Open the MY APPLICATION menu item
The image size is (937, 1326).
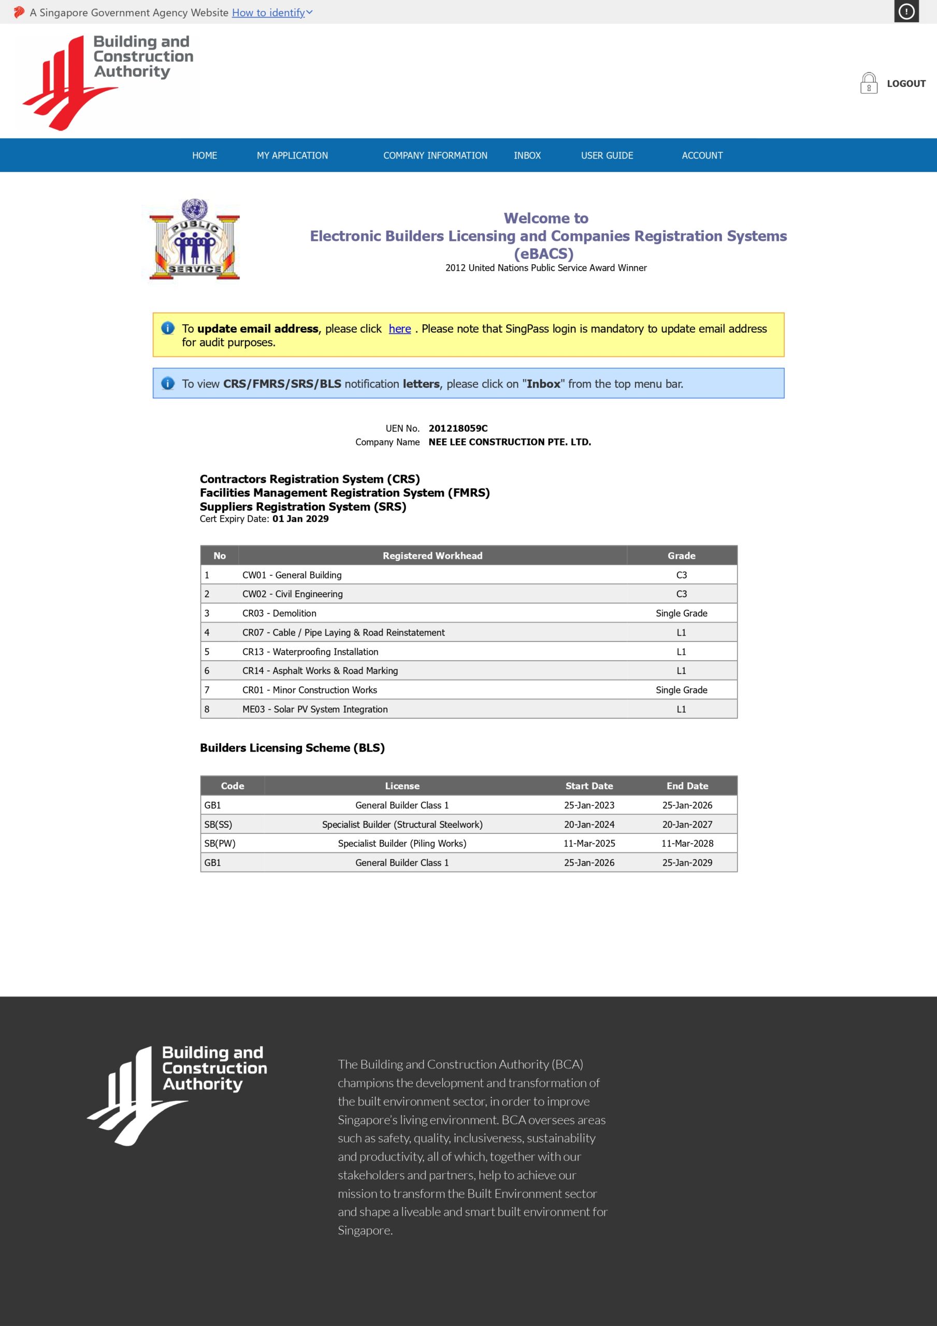[x=292, y=155]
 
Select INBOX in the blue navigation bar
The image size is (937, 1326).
[x=527, y=155]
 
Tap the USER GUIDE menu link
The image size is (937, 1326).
[x=607, y=155]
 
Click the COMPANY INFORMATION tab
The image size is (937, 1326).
[x=435, y=155]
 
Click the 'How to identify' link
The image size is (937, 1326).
[x=269, y=13]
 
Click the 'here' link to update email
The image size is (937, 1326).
[x=399, y=328]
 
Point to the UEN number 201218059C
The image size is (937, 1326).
[x=457, y=428]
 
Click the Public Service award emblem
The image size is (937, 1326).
[x=194, y=240]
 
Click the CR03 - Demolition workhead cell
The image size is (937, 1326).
[x=279, y=613]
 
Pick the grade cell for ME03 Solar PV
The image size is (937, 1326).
[x=681, y=709]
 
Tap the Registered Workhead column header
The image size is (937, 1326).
[x=432, y=556]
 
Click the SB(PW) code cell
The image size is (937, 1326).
[x=220, y=843]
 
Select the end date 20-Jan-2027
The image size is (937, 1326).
[x=687, y=824]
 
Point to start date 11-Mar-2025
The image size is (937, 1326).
[x=588, y=843]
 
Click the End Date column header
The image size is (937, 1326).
[x=687, y=786]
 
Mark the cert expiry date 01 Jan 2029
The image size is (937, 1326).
[x=300, y=518]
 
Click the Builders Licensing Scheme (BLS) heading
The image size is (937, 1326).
[x=292, y=748]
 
